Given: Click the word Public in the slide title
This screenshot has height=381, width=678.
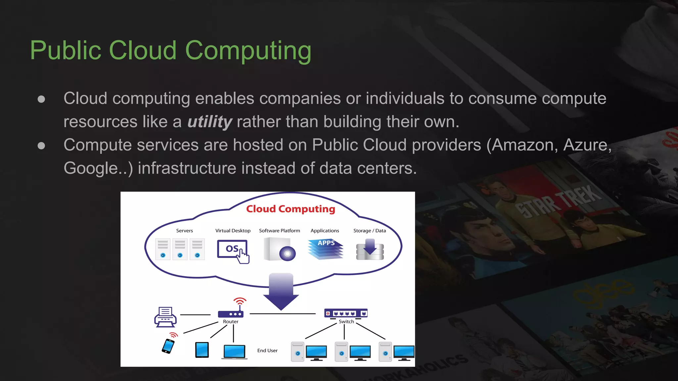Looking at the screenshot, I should coord(66,51).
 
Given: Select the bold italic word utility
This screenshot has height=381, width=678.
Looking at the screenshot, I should coord(210,122).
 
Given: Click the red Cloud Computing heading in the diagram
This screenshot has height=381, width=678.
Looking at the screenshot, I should coord(290,209).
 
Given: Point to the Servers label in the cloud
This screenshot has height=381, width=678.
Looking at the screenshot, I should coord(184,231).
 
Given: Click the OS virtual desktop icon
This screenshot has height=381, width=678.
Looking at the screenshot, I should coord(233,250).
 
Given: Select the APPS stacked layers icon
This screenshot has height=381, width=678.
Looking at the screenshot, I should coord(326,249).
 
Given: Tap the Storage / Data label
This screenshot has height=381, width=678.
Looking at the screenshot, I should coord(369,231).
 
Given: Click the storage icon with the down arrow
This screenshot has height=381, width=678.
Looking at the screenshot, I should coord(370,250).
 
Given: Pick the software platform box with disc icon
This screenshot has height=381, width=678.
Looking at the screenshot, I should coord(279,249).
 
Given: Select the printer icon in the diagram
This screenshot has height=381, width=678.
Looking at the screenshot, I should coord(165,317).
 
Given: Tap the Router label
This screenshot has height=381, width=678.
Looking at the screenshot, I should coord(230,321).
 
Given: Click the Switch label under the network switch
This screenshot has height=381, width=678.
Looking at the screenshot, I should coord(346,321).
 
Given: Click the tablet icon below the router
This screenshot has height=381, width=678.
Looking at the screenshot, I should coord(202,350).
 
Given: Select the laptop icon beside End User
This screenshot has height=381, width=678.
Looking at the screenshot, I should coord(234,351).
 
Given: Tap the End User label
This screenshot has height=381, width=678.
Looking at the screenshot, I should coord(267,351).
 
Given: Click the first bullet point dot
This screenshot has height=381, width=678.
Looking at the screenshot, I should coord(41,99).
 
